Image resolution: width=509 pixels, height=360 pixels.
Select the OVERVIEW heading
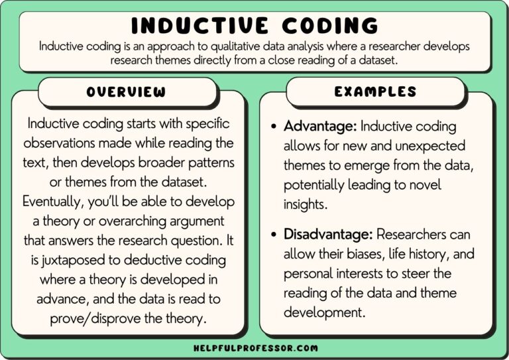[127, 92]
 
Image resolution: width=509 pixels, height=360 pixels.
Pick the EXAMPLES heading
[376, 92]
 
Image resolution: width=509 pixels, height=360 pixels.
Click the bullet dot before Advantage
[274, 127]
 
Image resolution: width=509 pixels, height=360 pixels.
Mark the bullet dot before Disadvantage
[274, 235]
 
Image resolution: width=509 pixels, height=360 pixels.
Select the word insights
[305, 204]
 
